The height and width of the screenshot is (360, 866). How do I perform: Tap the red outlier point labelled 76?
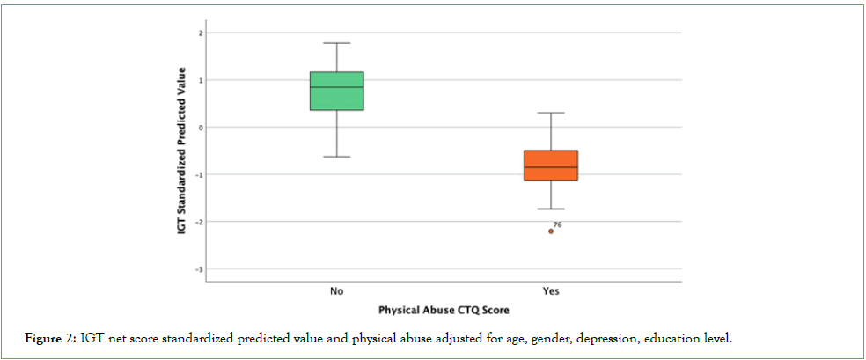coord(551,231)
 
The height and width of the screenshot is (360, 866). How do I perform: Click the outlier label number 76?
coord(557,225)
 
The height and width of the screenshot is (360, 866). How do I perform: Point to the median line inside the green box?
coord(336,87)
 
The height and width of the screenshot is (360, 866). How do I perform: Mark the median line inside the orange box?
coord(551,167)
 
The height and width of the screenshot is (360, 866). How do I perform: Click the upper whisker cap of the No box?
coord(336,43)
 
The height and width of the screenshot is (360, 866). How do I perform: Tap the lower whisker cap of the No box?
coord(336,157)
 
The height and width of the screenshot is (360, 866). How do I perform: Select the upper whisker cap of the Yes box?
coord(551,113)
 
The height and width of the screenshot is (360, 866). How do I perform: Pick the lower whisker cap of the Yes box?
coord(551,209)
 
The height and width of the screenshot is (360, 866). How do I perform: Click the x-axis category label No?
coord(336,291)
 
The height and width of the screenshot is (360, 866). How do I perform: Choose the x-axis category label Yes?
coord(551,291)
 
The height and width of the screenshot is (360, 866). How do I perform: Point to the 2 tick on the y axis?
coord(200,33)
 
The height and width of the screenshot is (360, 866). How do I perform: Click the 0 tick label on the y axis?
coord(200,128)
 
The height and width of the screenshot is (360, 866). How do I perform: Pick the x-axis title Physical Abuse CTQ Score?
coord(444,311)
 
